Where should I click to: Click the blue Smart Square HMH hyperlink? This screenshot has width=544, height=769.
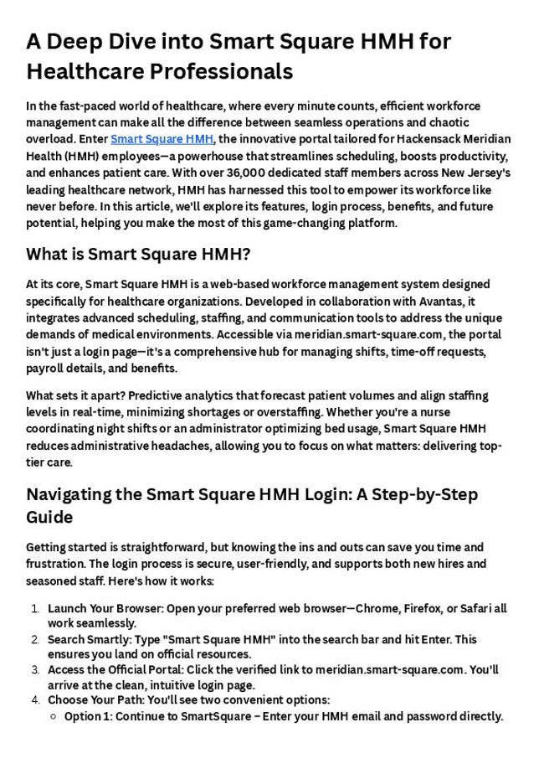[162, 139]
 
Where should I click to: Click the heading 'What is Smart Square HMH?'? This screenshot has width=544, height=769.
[139, 254]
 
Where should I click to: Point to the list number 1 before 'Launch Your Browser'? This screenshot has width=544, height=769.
[36, 608]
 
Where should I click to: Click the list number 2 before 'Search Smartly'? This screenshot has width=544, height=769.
[36, 639]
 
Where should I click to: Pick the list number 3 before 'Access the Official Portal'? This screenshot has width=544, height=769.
[36, 669]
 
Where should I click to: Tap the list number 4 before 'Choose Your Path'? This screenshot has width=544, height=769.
[36, 699]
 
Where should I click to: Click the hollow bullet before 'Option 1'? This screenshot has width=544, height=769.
[54, 716]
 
